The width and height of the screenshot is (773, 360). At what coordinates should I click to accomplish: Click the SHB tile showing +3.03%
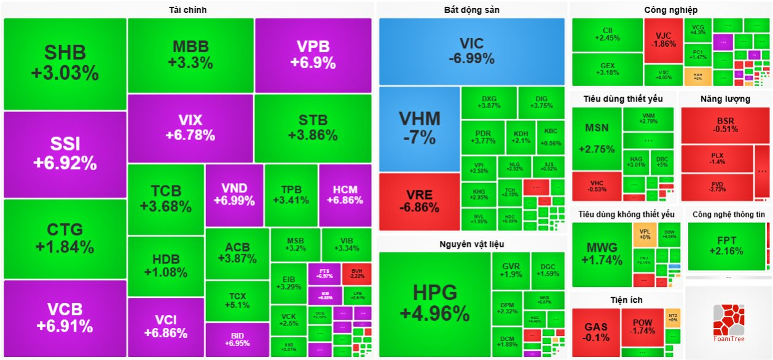65,64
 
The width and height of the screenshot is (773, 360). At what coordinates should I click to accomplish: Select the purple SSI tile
65,154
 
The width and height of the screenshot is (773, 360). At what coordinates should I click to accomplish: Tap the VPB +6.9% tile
313,55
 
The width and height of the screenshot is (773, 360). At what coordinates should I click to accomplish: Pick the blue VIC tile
471,52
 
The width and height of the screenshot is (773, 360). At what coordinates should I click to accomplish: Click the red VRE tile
419,202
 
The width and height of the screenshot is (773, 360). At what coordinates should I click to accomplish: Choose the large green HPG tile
434,304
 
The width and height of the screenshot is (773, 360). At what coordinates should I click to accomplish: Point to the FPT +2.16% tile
726,246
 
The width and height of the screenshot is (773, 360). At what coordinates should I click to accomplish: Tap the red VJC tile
664,40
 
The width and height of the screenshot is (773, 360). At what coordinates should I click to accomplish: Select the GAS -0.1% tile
596,332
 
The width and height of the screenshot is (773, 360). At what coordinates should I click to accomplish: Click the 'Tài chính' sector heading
187,10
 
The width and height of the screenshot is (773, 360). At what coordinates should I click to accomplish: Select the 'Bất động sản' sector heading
471,10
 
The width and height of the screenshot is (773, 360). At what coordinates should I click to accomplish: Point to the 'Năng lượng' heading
725,99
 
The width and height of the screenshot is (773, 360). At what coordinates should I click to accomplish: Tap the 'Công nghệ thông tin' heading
728,214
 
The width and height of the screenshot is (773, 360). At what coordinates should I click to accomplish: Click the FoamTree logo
728,323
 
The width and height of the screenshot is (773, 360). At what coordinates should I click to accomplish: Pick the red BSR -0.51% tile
725,125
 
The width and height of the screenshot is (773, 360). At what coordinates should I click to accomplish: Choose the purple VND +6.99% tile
234,194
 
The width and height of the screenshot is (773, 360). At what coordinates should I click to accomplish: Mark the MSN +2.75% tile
596,139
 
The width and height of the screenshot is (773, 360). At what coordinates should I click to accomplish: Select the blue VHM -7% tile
419,128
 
